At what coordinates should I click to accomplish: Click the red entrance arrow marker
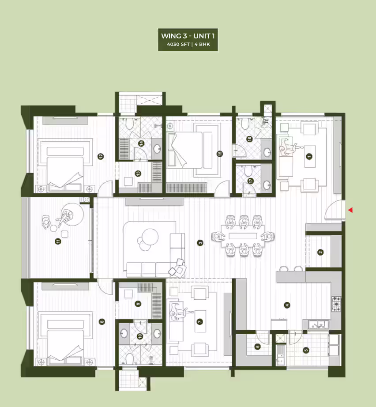(x=350, y=210)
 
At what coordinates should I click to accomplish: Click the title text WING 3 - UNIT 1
(x=188, y=36)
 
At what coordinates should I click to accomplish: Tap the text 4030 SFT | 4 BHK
(x=188, y=45)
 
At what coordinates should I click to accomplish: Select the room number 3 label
(x=200, y=243)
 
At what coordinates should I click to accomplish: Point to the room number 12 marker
(x=101, y=156)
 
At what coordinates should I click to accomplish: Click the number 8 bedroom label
(x=102, y=322)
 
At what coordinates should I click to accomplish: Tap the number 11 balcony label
(x=58, y=241)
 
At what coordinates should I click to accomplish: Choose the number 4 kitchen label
(x=287, y=305)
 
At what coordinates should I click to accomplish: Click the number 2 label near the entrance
(x=320, y=252)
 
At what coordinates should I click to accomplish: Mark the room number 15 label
(x=220, y=154)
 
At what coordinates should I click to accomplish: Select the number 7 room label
(x=200, y=322)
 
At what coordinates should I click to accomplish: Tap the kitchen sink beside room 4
(x=319, y=324)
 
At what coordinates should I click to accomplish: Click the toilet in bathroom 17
(x=248, y=170)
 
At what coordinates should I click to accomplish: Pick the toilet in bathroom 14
(x=129, y=124)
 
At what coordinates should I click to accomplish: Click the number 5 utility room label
(x=306, y=350)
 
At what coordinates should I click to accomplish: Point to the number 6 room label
(x=257, y=347)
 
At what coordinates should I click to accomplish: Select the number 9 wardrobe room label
(x=138, y=304)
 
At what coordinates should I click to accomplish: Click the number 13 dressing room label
(x=138, y=173)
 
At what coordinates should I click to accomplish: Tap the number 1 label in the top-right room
(x=309, y=156)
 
